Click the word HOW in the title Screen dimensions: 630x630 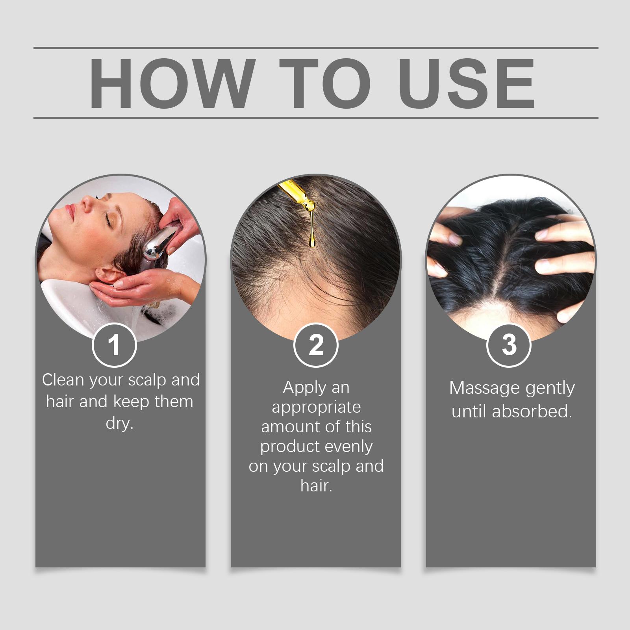pos(170,83)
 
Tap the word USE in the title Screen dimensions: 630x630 pos(469,83)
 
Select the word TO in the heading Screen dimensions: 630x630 pos(325,83)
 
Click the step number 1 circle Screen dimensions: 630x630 pos(114,345)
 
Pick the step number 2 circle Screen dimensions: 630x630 pos(316,345)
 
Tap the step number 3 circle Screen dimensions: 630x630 pos(509,345)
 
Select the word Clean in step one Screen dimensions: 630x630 pos(63,380)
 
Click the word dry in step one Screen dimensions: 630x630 pos(120,424)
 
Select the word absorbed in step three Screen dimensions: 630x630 pos(532,411)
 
